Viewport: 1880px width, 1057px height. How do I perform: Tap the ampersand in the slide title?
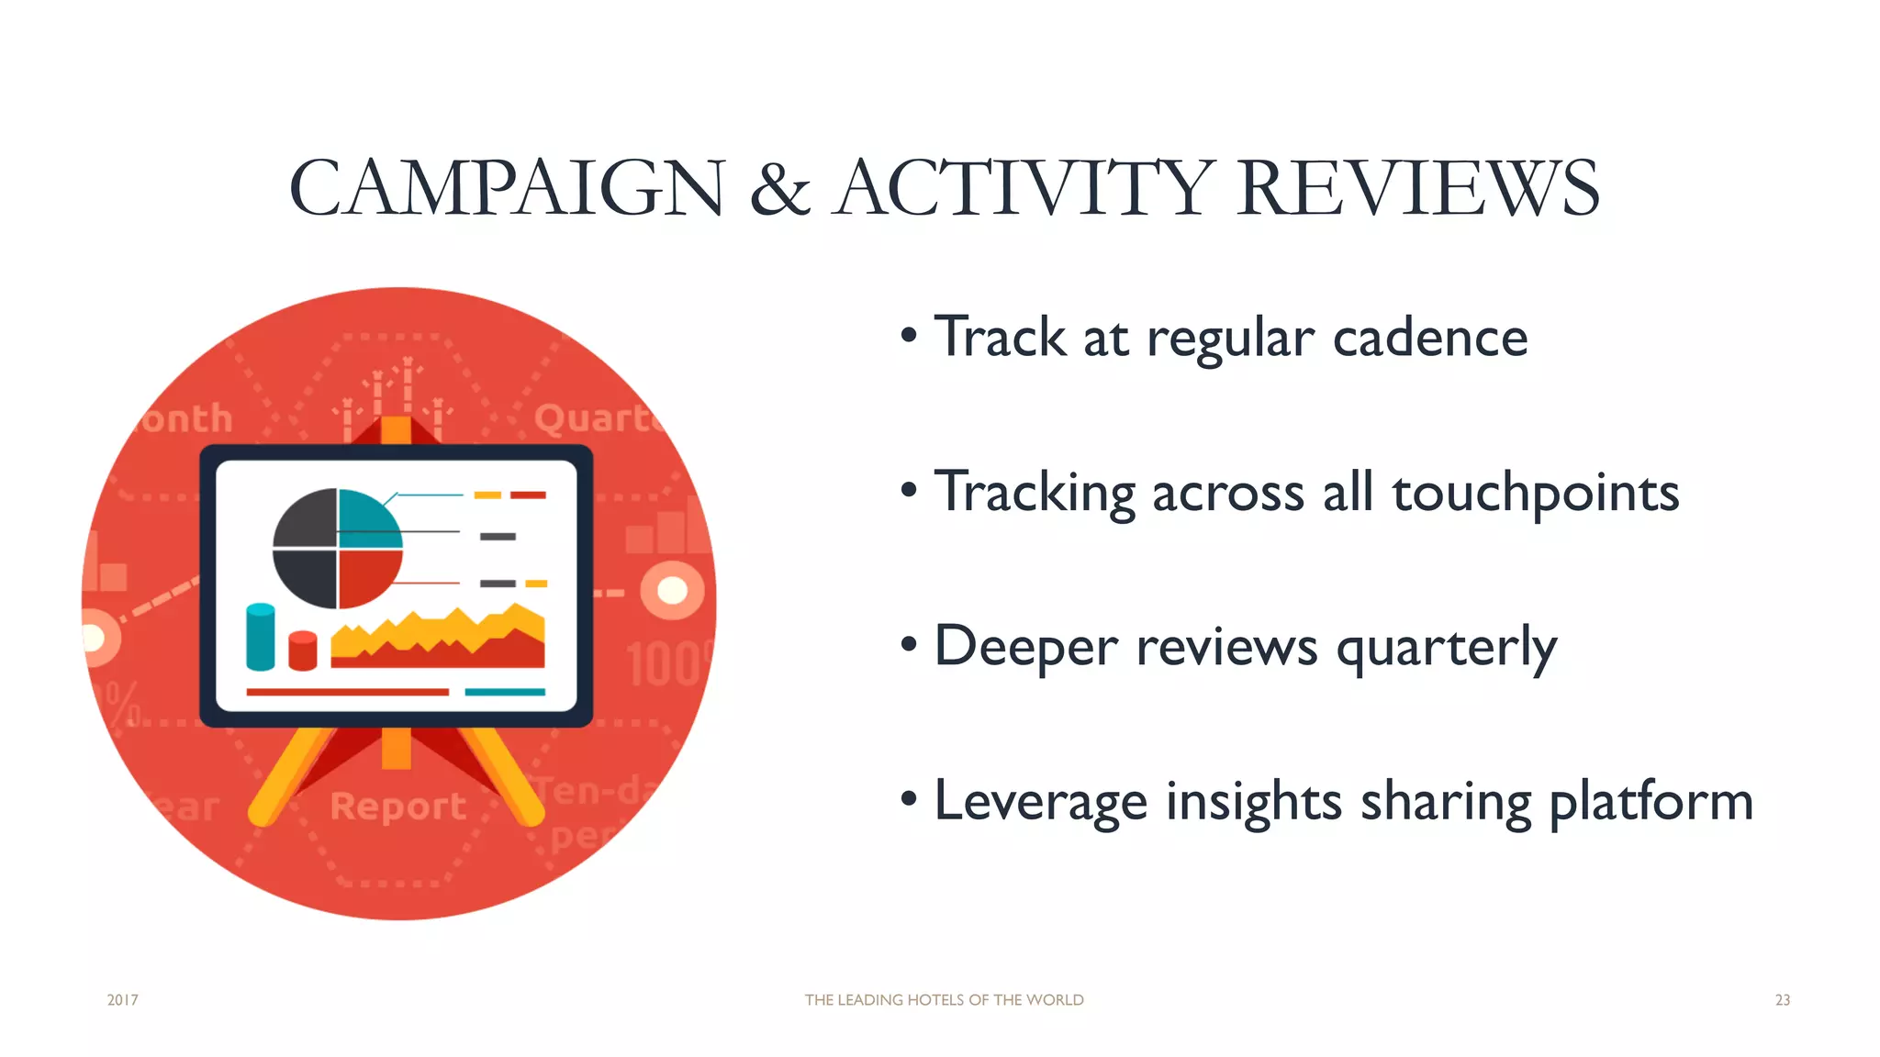click(x=779, y=190)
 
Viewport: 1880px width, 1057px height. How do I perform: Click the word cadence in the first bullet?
click(x=1429, y=337)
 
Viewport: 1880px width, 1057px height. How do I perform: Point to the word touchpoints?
click(x=1535, y=493)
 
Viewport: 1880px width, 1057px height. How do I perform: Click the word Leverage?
click(x=1040, y=802)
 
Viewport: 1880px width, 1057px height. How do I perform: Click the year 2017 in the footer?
click(x=122, y=1000)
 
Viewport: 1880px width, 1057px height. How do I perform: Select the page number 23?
click(x=1782, y=1000)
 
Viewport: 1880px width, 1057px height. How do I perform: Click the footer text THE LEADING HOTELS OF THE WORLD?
click(x=944, y=1000)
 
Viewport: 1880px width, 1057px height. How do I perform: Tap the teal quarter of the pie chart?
click(x=367, y=518)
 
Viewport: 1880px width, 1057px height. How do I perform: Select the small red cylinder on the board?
click(x=302, y=651)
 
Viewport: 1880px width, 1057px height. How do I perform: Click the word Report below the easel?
click(x=398, y=807)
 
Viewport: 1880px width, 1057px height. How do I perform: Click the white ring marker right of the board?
click(x=672, y=590)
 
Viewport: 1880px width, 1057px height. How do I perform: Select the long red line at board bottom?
click(x=347, y=692)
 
